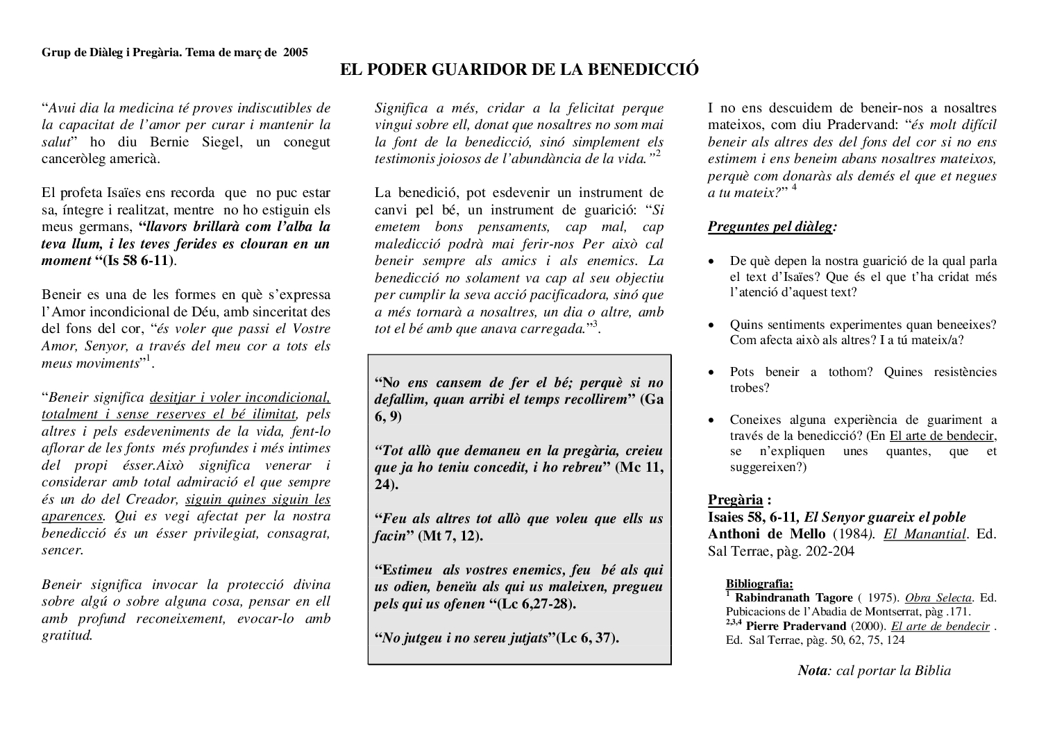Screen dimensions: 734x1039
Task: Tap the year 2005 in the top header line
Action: tap(295, 52)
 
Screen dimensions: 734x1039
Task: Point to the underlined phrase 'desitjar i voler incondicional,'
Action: tap(239, 398)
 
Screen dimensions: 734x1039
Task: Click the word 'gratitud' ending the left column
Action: tap(67, 635)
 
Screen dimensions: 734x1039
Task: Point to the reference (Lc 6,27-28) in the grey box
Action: tap(537, 604)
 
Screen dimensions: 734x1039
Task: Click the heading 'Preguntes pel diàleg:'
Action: tap(772, 227)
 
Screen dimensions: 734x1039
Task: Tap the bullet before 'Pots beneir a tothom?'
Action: tap(712, 373)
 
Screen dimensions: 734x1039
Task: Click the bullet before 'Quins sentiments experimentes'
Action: tap(712, 325)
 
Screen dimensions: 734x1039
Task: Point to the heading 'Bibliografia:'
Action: tap(759, 583)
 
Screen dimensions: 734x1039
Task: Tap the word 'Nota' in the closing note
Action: tap(813, 671)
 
